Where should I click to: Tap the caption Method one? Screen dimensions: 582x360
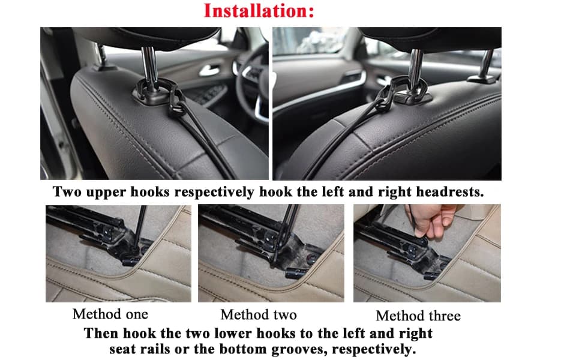[110, 314]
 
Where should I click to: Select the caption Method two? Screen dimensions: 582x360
[259, 315]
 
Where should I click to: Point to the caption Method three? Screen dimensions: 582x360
[418, 316]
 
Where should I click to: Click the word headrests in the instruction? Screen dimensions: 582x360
[449, 192]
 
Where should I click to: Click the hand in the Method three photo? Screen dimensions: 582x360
[431, 220]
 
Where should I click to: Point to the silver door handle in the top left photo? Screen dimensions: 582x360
[209, 70]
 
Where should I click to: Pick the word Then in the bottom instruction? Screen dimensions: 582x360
[101, 333]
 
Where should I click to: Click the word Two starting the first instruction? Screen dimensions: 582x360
[67, 192]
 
